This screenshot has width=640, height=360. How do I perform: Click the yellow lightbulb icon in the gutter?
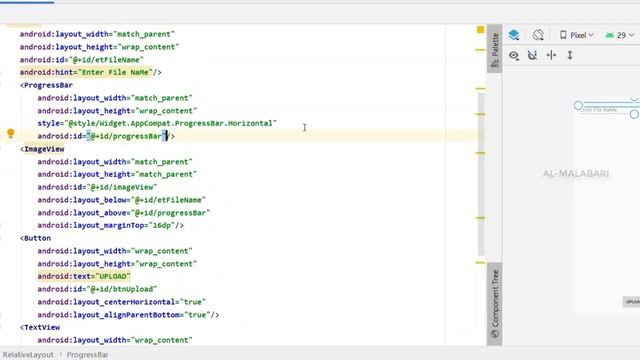[10, 135]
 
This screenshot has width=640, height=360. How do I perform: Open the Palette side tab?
[494, 52]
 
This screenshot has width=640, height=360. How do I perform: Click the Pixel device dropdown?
[574, 35]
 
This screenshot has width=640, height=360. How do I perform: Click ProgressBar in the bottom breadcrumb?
[88, 354]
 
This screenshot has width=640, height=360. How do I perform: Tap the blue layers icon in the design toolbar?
[514, 35]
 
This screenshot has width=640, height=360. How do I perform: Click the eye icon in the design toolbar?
[514, 56]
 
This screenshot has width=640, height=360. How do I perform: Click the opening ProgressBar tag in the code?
[48, 85]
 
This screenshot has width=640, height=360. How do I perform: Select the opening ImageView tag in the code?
[44, 149]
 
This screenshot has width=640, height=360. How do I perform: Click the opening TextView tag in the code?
[42, 327]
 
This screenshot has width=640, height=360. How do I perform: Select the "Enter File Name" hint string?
[116, 72]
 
